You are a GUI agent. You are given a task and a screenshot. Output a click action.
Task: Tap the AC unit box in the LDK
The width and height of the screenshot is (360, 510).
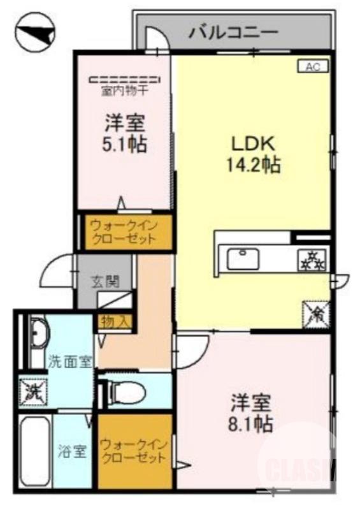[313, 66]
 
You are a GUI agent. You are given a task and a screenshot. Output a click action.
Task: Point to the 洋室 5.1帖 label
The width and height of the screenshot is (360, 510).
[125, 133]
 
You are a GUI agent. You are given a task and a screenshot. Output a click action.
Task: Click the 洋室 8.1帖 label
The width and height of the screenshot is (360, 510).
[252, 413]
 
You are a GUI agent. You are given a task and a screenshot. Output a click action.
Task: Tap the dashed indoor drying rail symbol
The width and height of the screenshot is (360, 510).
[126, 80]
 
